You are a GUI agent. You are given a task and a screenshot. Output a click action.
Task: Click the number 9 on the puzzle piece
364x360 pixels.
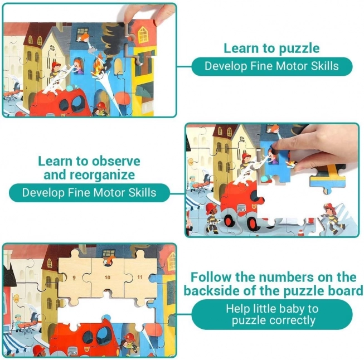point(74,278)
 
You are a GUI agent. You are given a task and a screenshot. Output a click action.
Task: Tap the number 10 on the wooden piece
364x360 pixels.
point(107,278)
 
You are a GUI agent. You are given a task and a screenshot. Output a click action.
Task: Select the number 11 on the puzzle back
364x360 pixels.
point(140,277)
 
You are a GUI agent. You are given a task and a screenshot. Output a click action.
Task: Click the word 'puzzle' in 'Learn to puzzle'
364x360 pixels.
point(299,48)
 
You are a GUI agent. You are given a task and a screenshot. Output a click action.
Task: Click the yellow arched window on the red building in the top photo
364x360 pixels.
point(143,35)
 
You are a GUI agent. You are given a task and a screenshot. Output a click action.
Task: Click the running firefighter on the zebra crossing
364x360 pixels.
point(332,218)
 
